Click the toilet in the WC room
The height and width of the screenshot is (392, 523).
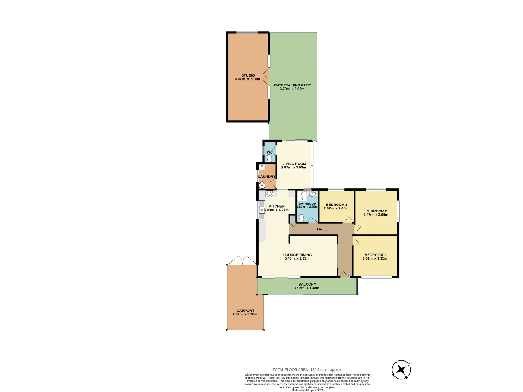(269, 158)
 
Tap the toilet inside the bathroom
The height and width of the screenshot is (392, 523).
(301, 218)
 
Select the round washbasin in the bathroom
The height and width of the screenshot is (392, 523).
(312, 194)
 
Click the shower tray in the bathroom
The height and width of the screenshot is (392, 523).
(302, 196)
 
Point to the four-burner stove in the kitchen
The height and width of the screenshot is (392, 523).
(269, 194)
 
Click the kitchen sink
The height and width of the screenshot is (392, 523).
(262, 210)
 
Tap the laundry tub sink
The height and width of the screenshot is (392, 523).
(262, 167)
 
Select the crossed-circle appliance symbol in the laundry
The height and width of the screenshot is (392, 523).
(262, 185)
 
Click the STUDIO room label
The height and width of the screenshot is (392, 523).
(248, 75)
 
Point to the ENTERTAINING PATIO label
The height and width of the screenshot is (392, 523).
(292, 85)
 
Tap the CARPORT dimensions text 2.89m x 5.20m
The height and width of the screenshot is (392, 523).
(245, 314)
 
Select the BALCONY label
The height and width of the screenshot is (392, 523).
(307, 284)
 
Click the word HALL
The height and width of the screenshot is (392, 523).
(322, 229)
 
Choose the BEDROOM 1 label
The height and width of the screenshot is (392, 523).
(375, 255)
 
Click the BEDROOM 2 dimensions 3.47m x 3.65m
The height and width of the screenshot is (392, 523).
(376, 215)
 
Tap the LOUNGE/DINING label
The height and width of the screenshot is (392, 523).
(297, 255)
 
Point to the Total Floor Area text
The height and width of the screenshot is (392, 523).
(307, 369)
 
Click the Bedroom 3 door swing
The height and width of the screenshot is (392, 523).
(348, 220)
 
